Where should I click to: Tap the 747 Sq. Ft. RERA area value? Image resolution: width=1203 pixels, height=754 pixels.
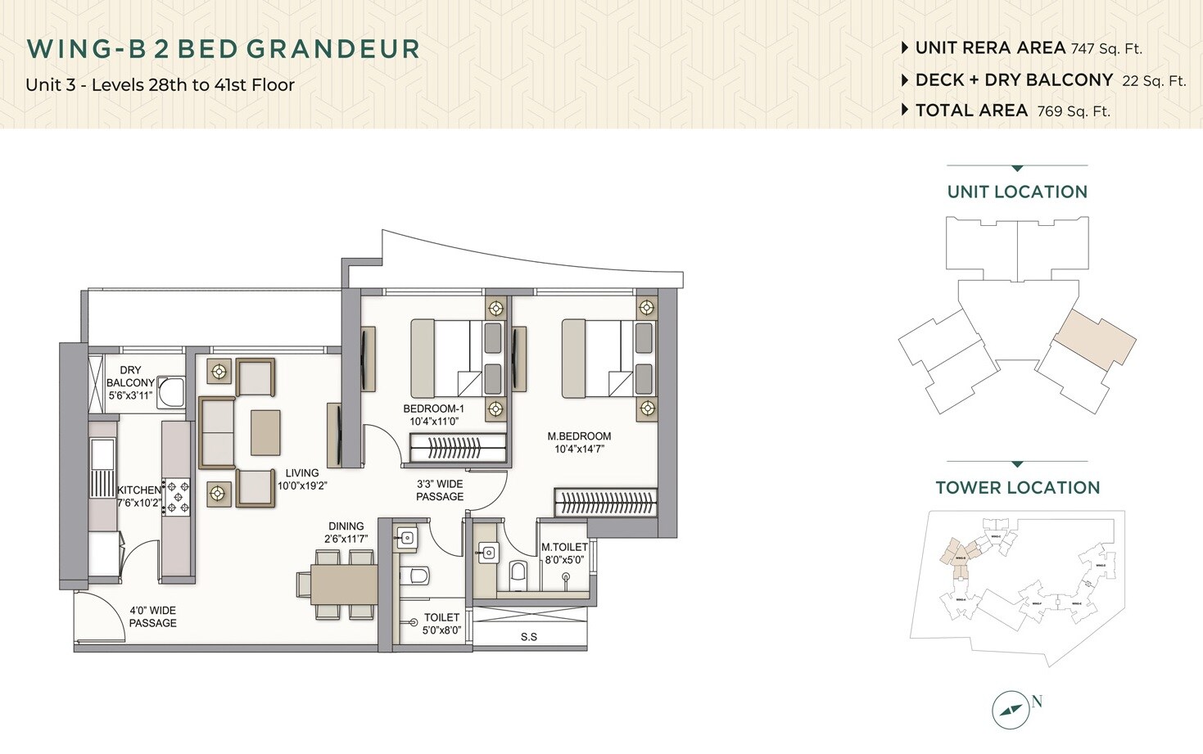point(1106,49)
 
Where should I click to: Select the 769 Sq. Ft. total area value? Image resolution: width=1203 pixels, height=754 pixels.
point(1074,111)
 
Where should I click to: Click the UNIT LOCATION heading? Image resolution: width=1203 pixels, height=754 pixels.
point(1017,192)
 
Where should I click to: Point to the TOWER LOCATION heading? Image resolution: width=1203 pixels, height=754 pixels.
point(1017,488)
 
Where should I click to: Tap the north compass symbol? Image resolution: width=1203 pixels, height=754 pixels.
point(1011,710)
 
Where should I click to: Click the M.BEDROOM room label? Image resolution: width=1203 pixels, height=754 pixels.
point(579,436)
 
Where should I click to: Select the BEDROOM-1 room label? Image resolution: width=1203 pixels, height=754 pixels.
point(433,409)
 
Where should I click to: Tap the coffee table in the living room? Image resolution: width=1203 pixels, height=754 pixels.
point(265,432)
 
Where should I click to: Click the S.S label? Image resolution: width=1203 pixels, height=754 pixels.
point(529,637)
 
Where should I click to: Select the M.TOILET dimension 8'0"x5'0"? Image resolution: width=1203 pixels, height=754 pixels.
point(564,561)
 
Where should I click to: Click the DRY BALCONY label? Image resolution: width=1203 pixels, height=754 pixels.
point(130,377)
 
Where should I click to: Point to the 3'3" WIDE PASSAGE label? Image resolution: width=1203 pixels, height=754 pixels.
point(440,490)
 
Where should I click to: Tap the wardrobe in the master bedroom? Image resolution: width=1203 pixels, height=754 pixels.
point(605,503)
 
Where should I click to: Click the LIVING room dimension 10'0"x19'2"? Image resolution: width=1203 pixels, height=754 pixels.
point(302,485)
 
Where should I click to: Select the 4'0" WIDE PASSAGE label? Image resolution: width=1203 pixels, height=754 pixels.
point(152,616)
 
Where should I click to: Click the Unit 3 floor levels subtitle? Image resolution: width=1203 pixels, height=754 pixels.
point(160,85)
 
